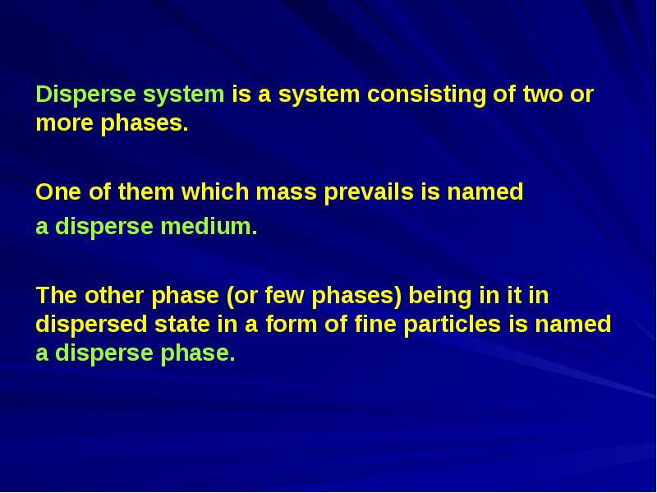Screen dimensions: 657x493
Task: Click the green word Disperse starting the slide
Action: tap(85, 94)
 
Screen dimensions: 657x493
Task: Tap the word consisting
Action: tap(426, 94)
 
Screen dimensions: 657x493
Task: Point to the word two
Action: tap(543, 94)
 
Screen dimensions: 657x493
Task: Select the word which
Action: tap(215, 191)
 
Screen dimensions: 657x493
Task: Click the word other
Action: tap(114, 296)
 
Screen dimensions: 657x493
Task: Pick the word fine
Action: tap(375, 325)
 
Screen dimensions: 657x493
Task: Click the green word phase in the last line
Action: tap(198, 354)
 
